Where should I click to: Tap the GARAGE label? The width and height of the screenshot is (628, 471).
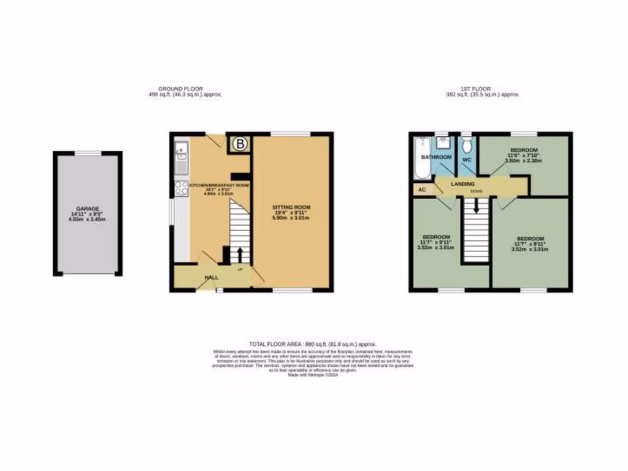click(x=87, y=209)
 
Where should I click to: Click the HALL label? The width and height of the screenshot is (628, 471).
click(x=211, y=277)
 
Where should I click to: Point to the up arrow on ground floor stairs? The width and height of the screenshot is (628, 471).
click(x=240, y=255)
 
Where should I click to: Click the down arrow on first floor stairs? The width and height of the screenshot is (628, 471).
click(x=476, y=207)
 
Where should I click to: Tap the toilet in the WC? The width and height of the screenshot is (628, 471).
click(x=468, y=147)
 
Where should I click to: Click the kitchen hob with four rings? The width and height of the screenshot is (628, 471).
click(x=181, y=188)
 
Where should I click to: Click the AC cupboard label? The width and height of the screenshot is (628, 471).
click(x=422, y=190)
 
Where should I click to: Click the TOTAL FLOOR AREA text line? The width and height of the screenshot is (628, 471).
click(x=313, y=345)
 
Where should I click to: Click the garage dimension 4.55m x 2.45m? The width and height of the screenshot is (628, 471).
click(x=87, y=219)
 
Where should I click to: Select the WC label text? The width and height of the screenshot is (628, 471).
click(x=466, y=159)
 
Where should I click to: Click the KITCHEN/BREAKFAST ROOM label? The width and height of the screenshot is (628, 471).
click(x=219, y=185)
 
